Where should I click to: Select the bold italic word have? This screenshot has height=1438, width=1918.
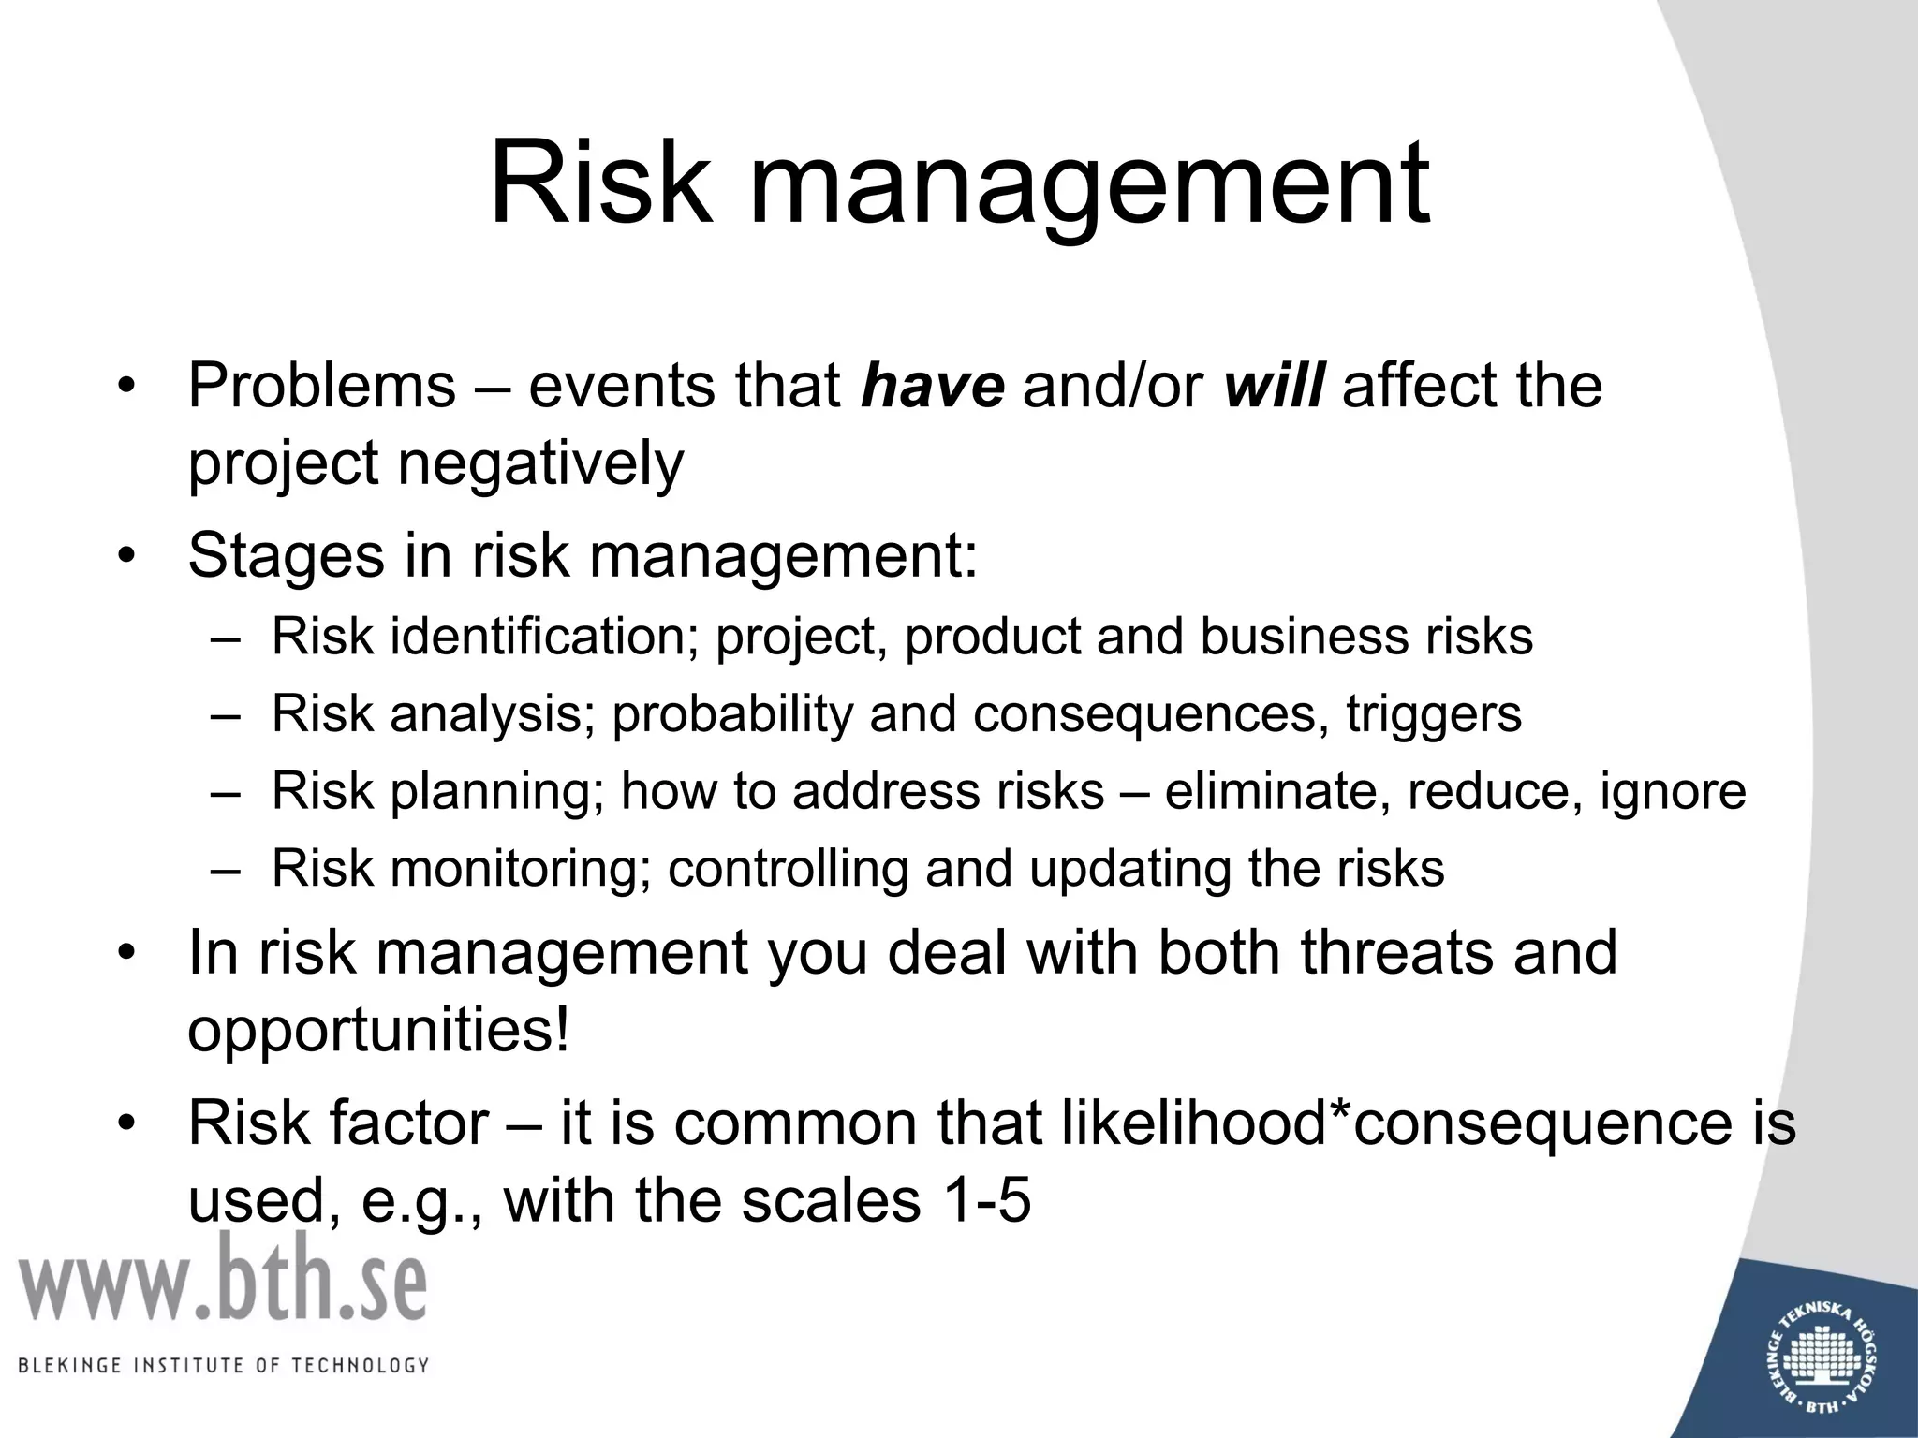(933, 386)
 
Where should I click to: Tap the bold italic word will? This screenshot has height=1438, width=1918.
(1274, 386)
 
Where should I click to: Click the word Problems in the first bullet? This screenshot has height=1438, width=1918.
(321, 386)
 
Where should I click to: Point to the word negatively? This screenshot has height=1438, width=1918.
(541, 465)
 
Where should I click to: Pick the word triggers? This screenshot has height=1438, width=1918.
(1434, 715)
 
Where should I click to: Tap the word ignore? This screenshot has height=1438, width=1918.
(1673, 793)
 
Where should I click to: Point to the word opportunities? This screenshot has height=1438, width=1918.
(378, 1032)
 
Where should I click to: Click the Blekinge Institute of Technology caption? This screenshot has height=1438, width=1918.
(223, 1365)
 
